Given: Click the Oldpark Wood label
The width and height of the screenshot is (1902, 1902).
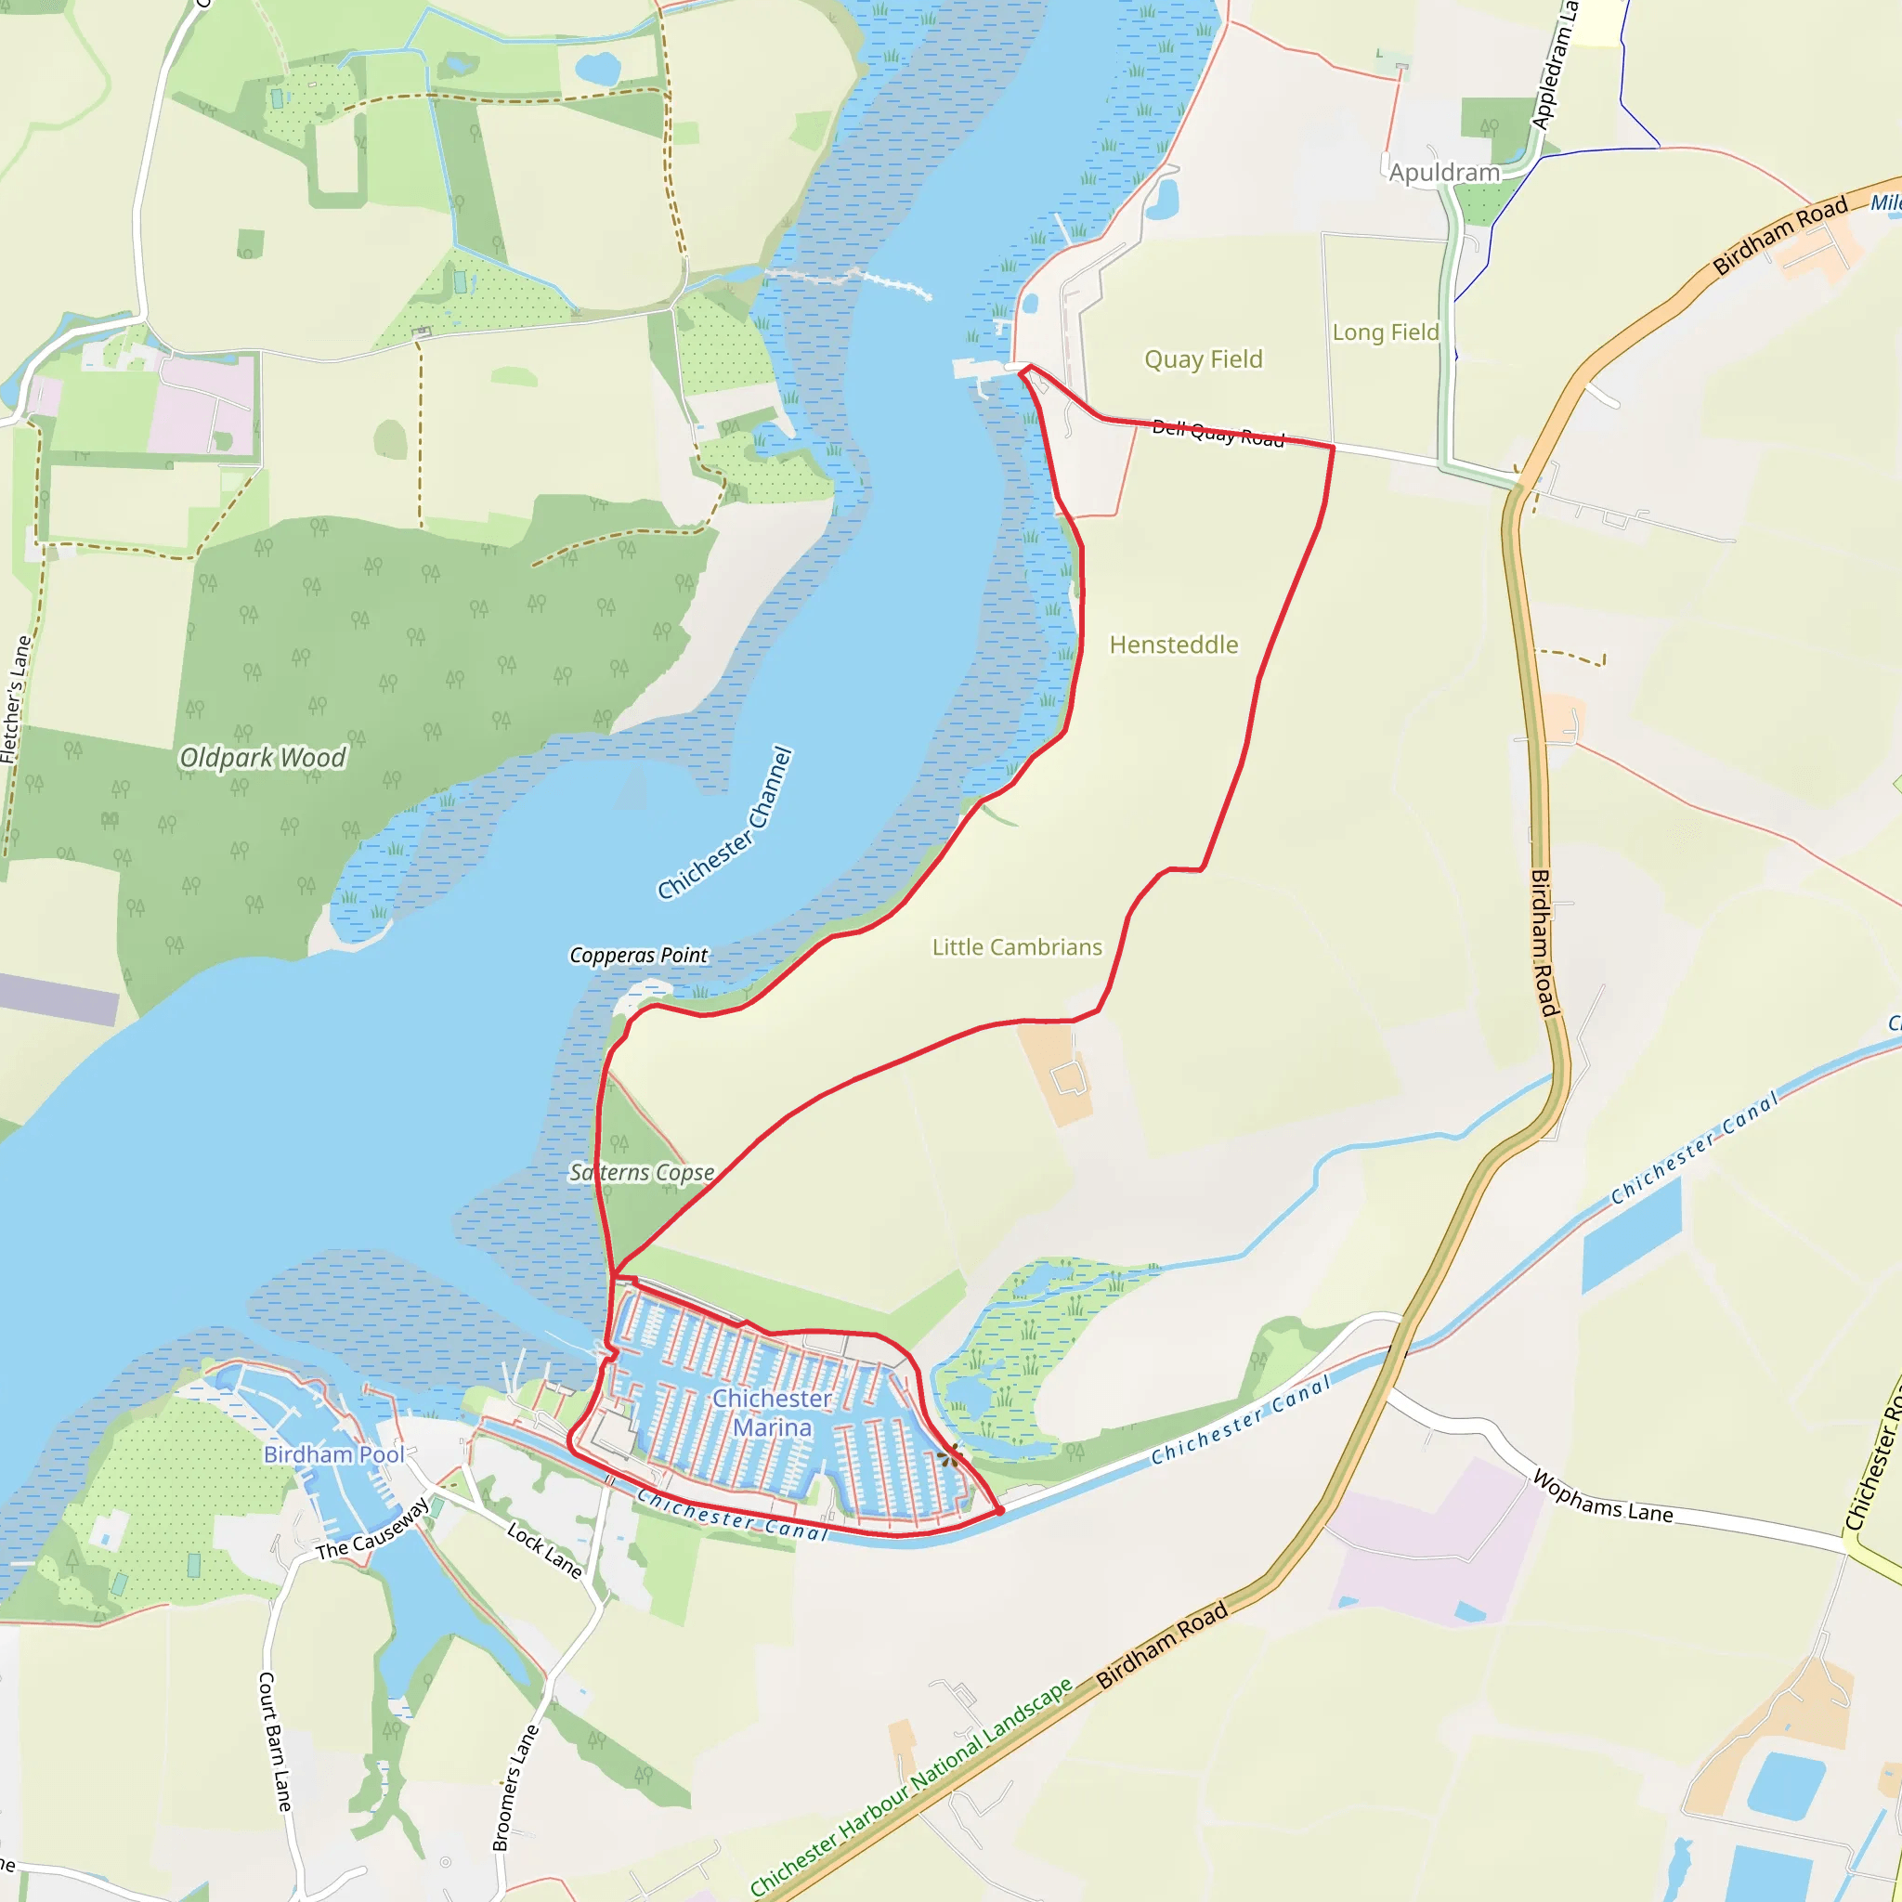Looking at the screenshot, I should pyautogui.click(x=262, y=757).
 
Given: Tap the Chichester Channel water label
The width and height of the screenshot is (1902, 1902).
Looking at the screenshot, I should pyautogui.click(x=725, y=823).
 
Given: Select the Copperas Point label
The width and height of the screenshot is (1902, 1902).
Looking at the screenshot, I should pyautogui.click(x=638, y=955).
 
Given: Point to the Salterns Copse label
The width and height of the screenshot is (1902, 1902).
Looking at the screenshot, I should pyautogui.click(x=641, y=1173).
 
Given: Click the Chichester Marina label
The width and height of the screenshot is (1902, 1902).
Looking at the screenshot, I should pyautogui.click(x=772, y=1412).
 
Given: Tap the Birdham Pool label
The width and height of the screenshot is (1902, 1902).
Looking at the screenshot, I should pyautogui.click(x=333, y=1454).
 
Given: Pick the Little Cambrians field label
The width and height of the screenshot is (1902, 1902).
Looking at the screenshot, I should pyautogui.click(x=1017, y=947).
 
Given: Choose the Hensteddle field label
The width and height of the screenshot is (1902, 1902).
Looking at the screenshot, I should pyautogui.click(x=1174, y=645).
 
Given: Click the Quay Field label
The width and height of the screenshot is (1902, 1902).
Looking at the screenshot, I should pyautogui.click(x=1203, y=359).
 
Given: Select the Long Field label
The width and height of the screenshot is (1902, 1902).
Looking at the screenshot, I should pyautogui.click(x=1385, y=332).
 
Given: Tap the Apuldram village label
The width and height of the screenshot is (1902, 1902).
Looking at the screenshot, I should pyautogui.click(x=1444, y=174).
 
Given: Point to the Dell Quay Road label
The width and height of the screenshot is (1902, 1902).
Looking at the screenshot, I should pyautogui.click(x=1218, y=433).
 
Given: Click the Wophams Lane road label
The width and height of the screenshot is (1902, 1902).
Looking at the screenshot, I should pyautogui.click(x=1603, y=1497).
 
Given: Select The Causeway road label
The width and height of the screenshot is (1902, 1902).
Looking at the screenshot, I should pyautogui.click(x=373, y=1529).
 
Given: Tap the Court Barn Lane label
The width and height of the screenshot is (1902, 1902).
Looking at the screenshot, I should pyautogui.click(x=275, y=1740).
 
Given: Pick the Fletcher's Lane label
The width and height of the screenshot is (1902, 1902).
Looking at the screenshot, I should pyautogui.click(x=16, y=699).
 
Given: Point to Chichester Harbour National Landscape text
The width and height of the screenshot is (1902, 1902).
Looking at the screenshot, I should pyautogui.click(x=911, y=1786).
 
